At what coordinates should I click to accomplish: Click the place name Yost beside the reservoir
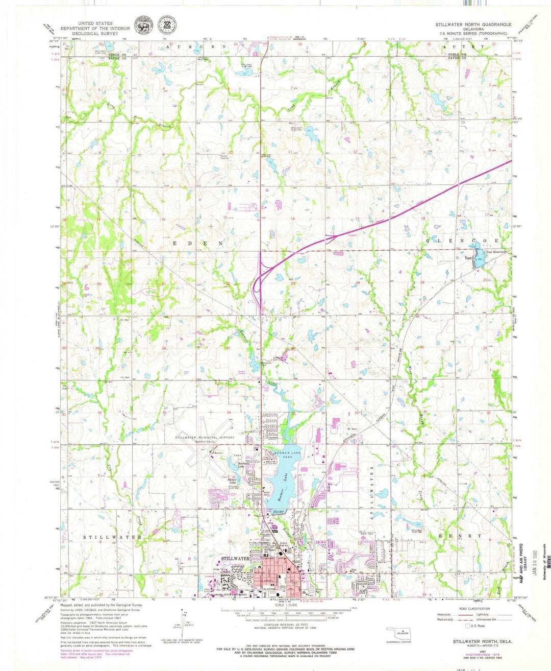coord(468,258)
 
